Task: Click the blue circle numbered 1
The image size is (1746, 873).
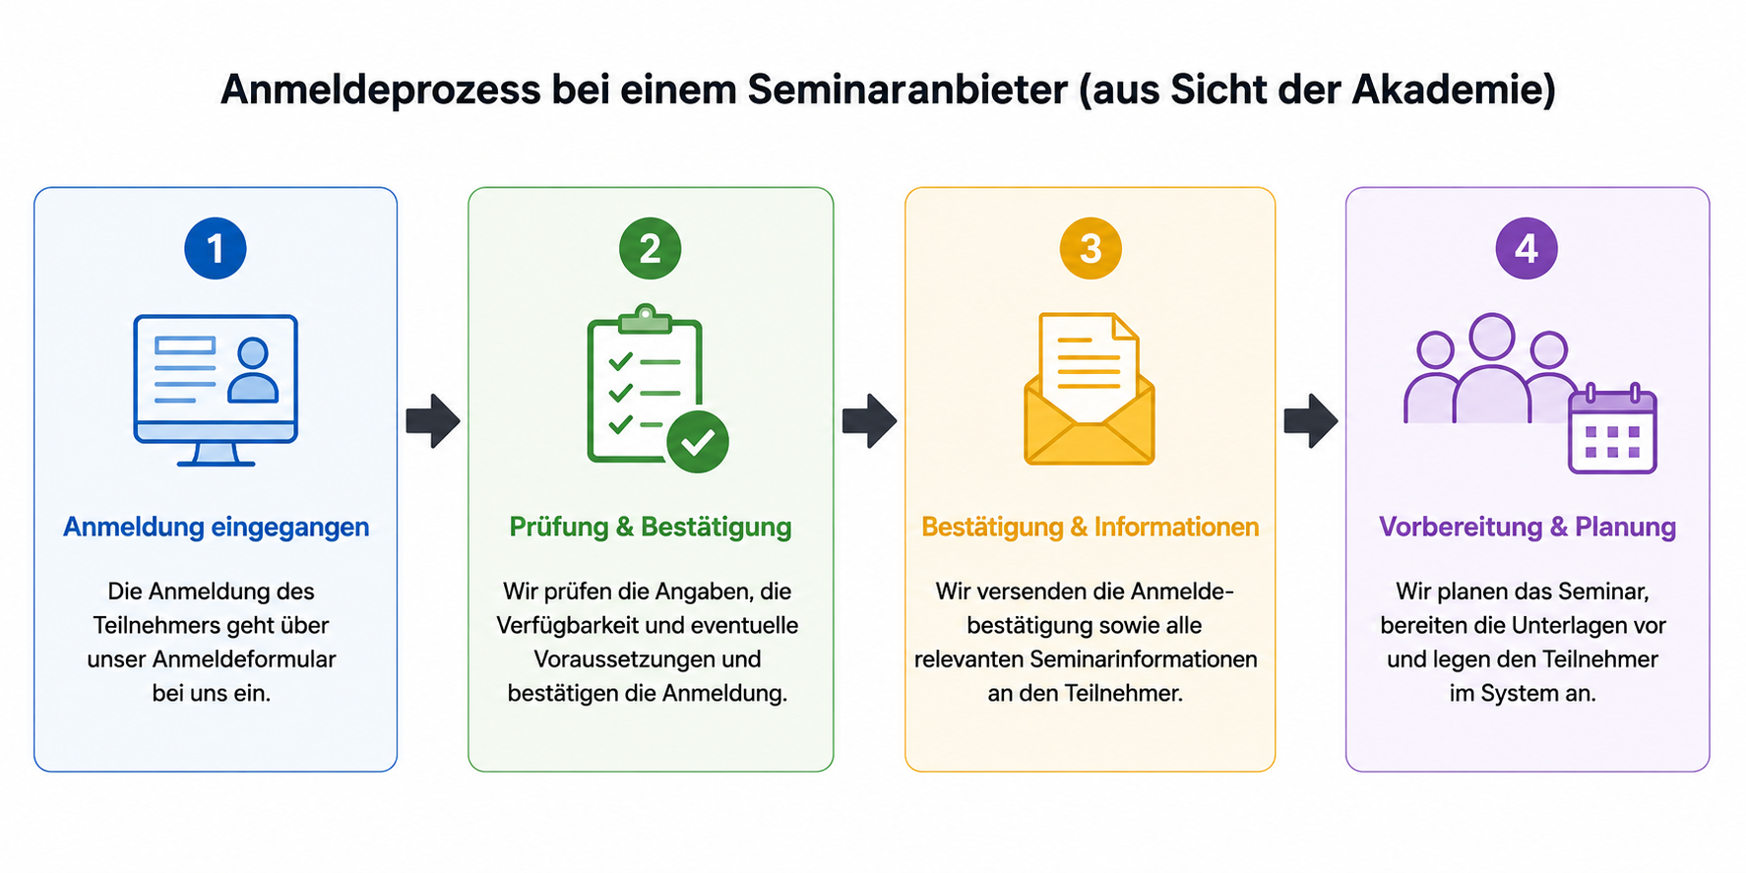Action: coord(216,248)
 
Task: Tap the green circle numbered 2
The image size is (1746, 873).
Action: coord(650,248)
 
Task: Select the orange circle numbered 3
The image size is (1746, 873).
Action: coord(1091,248)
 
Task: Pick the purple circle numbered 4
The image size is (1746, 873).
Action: coord(1527,248)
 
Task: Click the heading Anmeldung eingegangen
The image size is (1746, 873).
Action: coord(217,528)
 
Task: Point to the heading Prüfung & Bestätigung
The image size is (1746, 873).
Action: coord(651,528)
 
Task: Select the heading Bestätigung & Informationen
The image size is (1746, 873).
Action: coord(1091,528)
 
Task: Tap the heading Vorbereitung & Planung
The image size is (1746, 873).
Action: coord(1528,528)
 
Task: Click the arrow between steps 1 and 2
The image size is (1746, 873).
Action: coord(433,421)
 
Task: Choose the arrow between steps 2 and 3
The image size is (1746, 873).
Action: coord(869,421)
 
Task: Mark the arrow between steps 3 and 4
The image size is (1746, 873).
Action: coord(1311,421)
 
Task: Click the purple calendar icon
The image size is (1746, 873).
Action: coord(1612,429)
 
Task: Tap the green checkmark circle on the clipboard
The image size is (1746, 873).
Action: coord(698,442)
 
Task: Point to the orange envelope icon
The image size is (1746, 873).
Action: coord(1090,389)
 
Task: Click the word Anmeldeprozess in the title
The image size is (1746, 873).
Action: coord(381,91)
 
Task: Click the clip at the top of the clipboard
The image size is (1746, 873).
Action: coord(645,318)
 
